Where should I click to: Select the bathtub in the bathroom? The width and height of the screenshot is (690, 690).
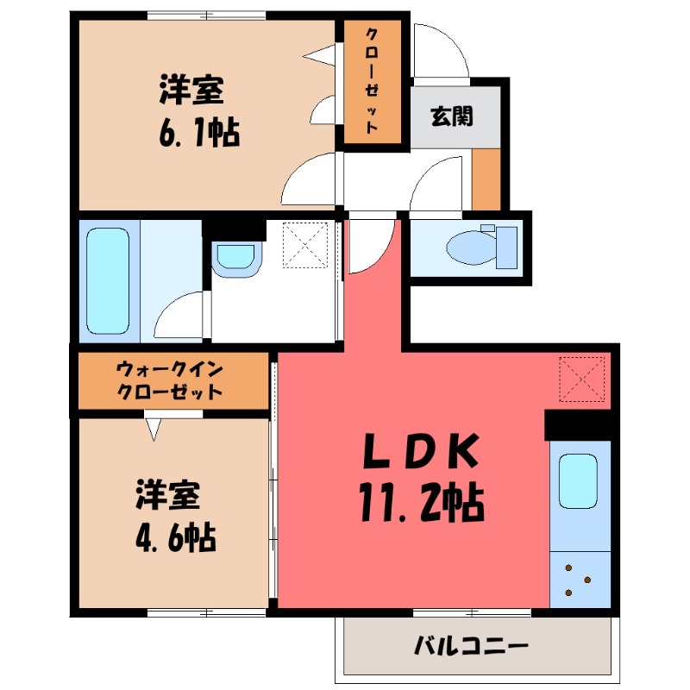coord(107,280)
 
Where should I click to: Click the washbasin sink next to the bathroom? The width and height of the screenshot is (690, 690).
coord(235,256)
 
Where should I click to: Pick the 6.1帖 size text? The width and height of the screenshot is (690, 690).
coord(197,135)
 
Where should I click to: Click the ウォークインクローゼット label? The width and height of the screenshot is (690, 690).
coord(170,380)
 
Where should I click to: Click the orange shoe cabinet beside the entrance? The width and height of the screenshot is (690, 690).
coord(486,179)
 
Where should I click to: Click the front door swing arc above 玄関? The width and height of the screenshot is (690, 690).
coord(441,52)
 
